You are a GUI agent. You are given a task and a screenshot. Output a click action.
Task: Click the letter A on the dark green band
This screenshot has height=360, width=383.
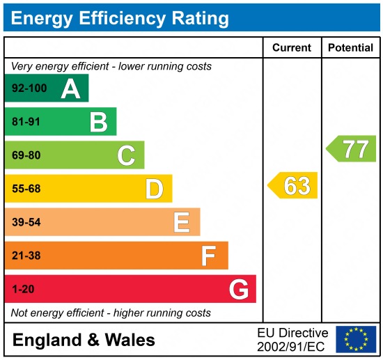click(x=70, y=88)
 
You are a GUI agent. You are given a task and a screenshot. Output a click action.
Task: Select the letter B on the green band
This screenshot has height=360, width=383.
click(x=98, y=122)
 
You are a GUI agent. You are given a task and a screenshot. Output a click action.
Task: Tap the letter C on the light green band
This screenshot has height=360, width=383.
click(x=126, y=155)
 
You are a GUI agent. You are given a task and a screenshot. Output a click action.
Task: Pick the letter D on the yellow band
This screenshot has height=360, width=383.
click(x=154, y=189)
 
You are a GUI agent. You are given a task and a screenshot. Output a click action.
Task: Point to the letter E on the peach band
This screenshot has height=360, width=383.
click(x=181, y=222)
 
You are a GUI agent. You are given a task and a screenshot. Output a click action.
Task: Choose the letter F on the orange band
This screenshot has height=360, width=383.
click(x=208, y=256)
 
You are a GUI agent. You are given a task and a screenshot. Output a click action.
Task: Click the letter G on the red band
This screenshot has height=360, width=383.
click(x=239, y=289)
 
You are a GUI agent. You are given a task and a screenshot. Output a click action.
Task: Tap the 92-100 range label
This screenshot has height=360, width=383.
click(x=29, y=89)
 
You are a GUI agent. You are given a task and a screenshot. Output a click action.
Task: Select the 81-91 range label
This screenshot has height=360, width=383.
click(x=26, y=123)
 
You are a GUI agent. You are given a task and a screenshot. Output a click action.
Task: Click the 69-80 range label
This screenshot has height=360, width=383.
click(x=26, y=156)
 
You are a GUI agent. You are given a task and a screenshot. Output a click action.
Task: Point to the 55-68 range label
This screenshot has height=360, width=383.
click(x=26, y=189)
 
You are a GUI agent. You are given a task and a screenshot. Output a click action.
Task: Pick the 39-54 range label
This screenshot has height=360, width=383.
click(x=26, y=222)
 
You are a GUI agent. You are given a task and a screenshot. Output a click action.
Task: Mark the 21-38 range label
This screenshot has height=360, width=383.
click(x=26, y=256)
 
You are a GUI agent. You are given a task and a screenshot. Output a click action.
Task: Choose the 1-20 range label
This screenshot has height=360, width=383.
click(x=23, y=289)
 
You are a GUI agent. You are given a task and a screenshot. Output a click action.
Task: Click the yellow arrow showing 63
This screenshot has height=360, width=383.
click(x=293, y=186)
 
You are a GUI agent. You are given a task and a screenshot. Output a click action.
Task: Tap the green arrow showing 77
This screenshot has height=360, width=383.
click(x=352, y=149)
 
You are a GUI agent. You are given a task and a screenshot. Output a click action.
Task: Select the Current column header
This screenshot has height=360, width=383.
click(x=291, y=48)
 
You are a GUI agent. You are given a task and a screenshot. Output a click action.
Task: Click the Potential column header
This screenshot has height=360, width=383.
click(x=350, y=48)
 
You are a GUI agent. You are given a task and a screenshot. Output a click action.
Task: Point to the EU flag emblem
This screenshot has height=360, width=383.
click(x=355, y=339)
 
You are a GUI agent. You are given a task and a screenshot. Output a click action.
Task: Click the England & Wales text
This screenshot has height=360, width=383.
click(x=84, y=340)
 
